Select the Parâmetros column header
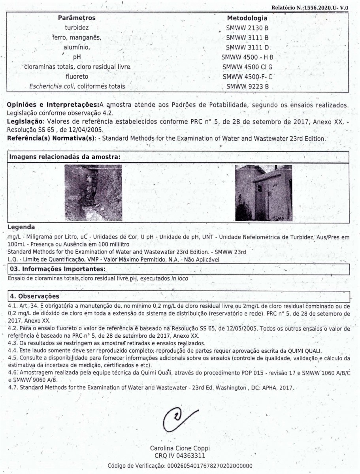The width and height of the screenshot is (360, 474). pyautogui.click(x=77, y=18)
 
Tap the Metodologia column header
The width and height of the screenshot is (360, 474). pyautogui.click(x=247, y=18)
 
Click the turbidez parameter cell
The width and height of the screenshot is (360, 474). pyautogui.click(x=77, y=28)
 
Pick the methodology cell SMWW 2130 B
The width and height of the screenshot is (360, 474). pyautogui.click(x=247, y=28)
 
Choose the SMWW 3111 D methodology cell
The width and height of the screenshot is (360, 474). pyautogui.click(x=247, y=47)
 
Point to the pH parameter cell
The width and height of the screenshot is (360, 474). pyautogui.click(x=77, y=57)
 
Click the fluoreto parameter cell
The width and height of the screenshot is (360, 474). pyautogui.click(x=77, y=76)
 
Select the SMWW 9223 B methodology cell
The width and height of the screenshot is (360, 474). pyautogui.click(x=247, y=86)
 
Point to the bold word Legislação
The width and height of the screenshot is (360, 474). pyautogui.click(x=24, y=122)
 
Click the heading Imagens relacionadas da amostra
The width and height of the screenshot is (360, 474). pyautogui.click(x=65, y=157)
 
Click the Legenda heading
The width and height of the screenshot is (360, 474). pyautogui.click(x=21, y=228)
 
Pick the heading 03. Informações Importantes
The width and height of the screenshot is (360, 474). pyautogui.click(x=57, y=269)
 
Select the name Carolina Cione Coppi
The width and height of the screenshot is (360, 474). pyautogui.click(x=179, y=448)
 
